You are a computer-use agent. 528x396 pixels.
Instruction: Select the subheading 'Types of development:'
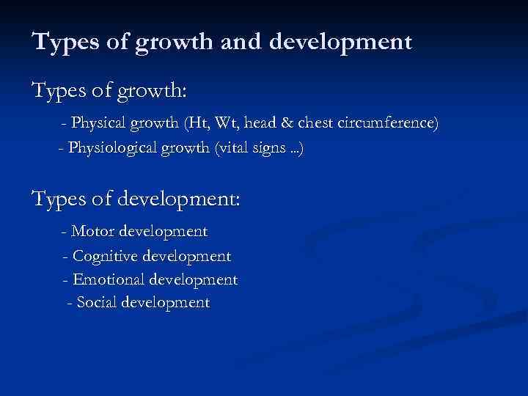(x=136, y=199)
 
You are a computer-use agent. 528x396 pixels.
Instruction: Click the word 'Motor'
(x=92, y=232)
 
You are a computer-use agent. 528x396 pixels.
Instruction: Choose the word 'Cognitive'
(x=106, y=257)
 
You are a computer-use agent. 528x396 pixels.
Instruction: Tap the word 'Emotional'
(x=108, y=280)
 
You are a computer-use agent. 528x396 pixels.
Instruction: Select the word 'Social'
(x=96, y=302)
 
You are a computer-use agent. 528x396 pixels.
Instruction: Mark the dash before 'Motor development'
(x=66, y=232)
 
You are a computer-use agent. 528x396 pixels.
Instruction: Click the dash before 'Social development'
(x=69, y=303)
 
